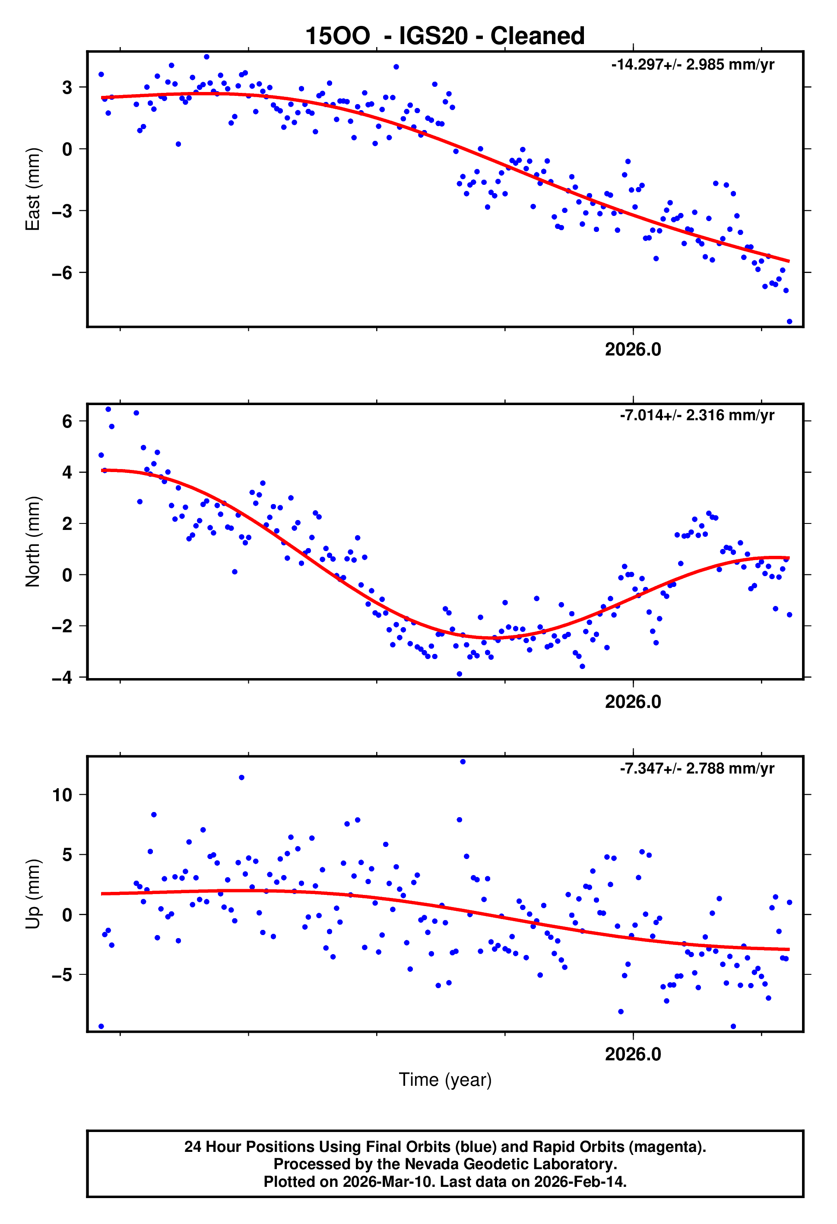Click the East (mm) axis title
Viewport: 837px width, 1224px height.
click(33, 189)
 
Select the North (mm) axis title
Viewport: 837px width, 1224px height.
click(33, 542)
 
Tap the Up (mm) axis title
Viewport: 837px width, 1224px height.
click(33, 894)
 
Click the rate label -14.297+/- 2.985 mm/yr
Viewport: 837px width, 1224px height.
click(692, 65)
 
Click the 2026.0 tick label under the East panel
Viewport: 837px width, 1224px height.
click(633, 349)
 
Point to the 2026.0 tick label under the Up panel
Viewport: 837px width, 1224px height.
click(633, 1054)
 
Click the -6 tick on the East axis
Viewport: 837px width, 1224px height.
click(62, 273)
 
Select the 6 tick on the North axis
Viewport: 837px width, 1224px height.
click(67, 422)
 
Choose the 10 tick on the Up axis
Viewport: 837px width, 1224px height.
click(62, 795)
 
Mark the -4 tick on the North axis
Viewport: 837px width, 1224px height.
click(62, 677)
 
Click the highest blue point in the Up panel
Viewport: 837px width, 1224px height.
click(463, 761)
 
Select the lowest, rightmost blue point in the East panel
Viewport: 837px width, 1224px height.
click(789, 321)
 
